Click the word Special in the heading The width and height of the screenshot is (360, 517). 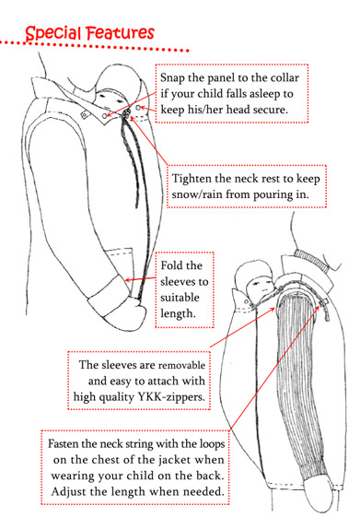53,33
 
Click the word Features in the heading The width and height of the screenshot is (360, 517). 121,32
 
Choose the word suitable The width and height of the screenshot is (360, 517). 180,298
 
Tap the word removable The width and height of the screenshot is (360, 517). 182,365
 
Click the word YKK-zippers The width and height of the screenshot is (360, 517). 171,397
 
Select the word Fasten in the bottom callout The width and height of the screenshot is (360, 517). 63,444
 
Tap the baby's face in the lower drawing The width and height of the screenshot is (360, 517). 261,286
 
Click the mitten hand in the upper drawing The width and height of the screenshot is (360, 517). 132,313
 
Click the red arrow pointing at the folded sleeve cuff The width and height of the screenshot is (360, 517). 141,279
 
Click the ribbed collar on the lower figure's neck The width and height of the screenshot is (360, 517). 312,260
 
